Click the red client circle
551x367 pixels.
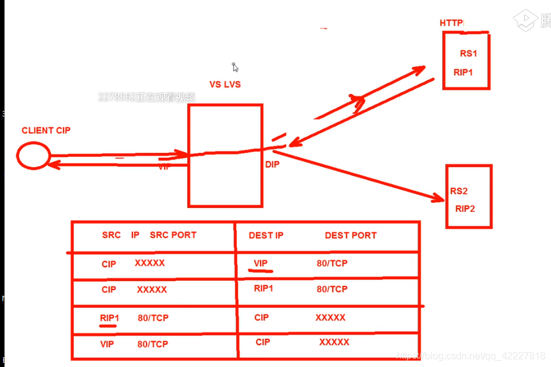33,155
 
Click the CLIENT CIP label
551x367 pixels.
46,130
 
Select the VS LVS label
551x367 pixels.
225,85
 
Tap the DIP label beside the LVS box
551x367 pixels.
272,165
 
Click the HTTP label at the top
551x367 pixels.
452,23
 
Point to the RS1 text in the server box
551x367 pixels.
469,54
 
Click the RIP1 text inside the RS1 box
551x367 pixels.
463,73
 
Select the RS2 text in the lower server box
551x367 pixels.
459,191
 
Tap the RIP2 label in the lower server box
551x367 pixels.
465,208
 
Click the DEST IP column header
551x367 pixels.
266,235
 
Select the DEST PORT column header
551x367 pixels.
350,235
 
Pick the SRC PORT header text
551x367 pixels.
173,235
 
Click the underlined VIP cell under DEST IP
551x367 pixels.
261,263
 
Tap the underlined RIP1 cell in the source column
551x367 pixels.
109,318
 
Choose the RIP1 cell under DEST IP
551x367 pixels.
264,288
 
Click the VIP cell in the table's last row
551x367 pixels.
107,344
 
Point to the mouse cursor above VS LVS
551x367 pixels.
235,67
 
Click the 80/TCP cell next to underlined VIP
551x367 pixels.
332,263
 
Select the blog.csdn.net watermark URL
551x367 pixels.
470,355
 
